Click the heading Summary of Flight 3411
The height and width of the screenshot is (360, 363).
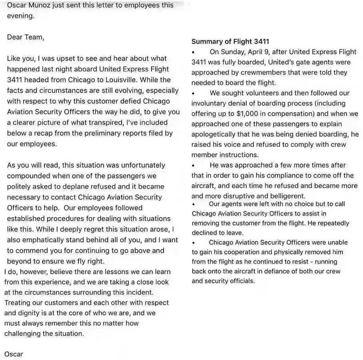tap(230, 41)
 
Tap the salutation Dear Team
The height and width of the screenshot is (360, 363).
tap(25, 37)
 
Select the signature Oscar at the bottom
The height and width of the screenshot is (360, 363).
tap(14, 354)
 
